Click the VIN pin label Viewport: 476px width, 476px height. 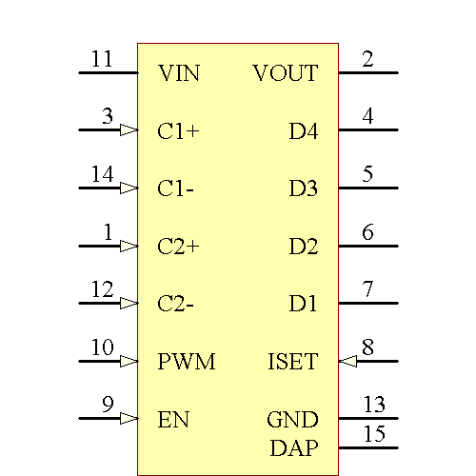pos(179,72)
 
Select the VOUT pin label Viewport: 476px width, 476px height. pos(286,72)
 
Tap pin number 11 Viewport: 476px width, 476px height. pos(102,60)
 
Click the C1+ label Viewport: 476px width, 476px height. pos(178,130)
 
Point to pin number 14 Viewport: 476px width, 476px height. pos(102,175)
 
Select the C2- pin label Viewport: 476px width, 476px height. pos(176,304)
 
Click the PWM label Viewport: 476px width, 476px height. pos(187,362)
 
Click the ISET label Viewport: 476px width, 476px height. pos(292,362)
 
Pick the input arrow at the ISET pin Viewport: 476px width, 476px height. pos(347,362)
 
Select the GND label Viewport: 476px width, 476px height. pos(292,420)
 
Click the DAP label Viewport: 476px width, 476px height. pos(294,446)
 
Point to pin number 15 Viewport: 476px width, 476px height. pos(374,435)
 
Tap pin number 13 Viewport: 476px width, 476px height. pos(374,407)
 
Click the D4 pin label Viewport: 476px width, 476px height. pos(304,130)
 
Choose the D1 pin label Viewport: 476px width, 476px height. pos(304,304)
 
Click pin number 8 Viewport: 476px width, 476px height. pos(367,348)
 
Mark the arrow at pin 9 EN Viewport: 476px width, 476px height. pos(129,419)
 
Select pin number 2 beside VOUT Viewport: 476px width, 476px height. pos(367,60)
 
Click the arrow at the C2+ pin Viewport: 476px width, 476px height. pos(129,246)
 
